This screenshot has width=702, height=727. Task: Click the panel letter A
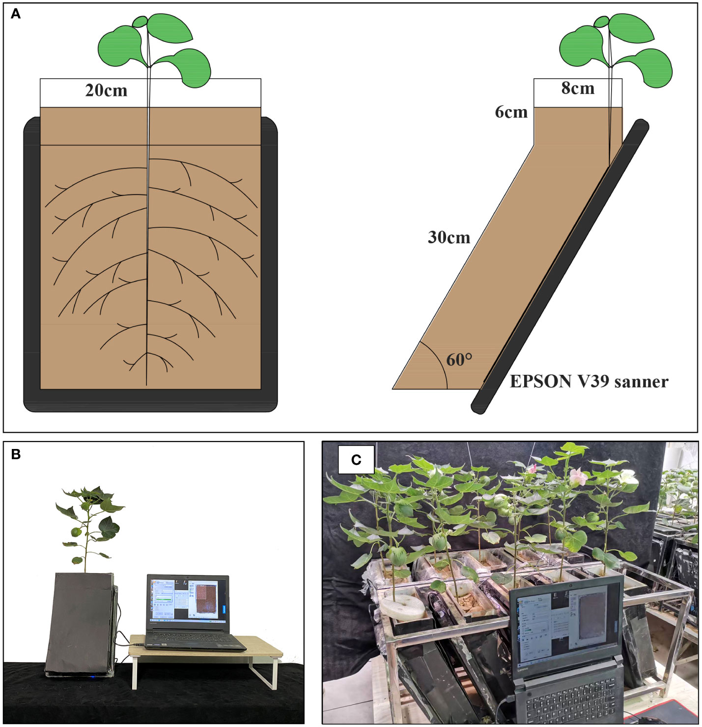pyautogui.click(x=16, y=14)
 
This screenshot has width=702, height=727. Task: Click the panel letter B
pyautogui.click(x=16, y=454)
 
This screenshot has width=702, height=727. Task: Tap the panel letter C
pyautogui.click(x=356, y=460)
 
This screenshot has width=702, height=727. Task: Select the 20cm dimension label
pyautogui.click(x=106, y=91)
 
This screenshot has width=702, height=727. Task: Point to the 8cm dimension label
pyautogui.click(x=578, y=88)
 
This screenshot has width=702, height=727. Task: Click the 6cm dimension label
pyautogui.click(x=511, y=112)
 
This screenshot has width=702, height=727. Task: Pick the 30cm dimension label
pyautogui.click(x=449, y=238)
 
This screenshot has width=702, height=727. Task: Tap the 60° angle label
pyautogui.click(x=459, y=360)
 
